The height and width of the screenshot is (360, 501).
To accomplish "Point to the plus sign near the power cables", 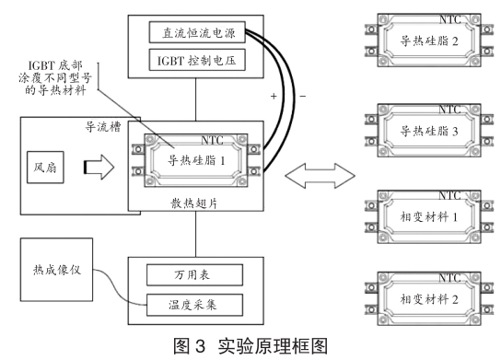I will pos(273,96).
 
